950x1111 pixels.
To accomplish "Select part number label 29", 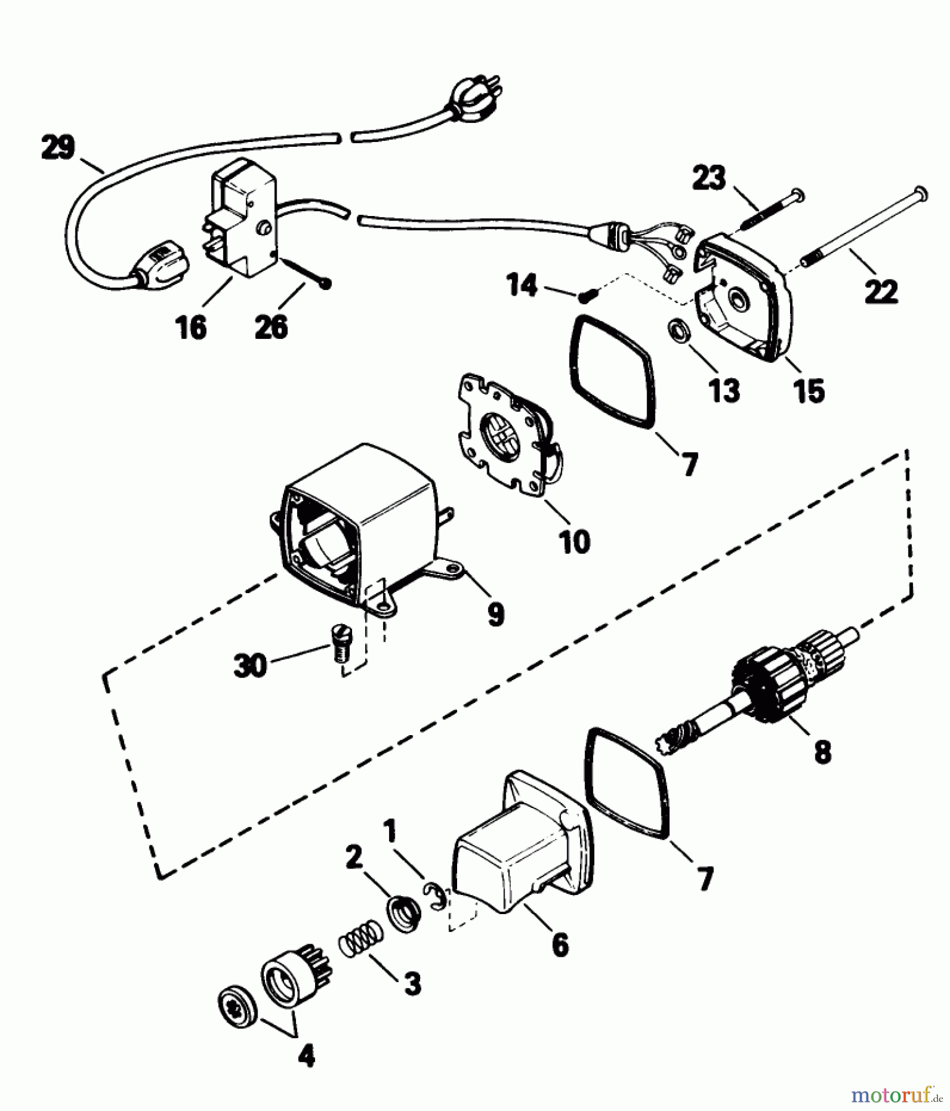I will point(58,148).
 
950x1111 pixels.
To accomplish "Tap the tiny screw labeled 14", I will point(585,297).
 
